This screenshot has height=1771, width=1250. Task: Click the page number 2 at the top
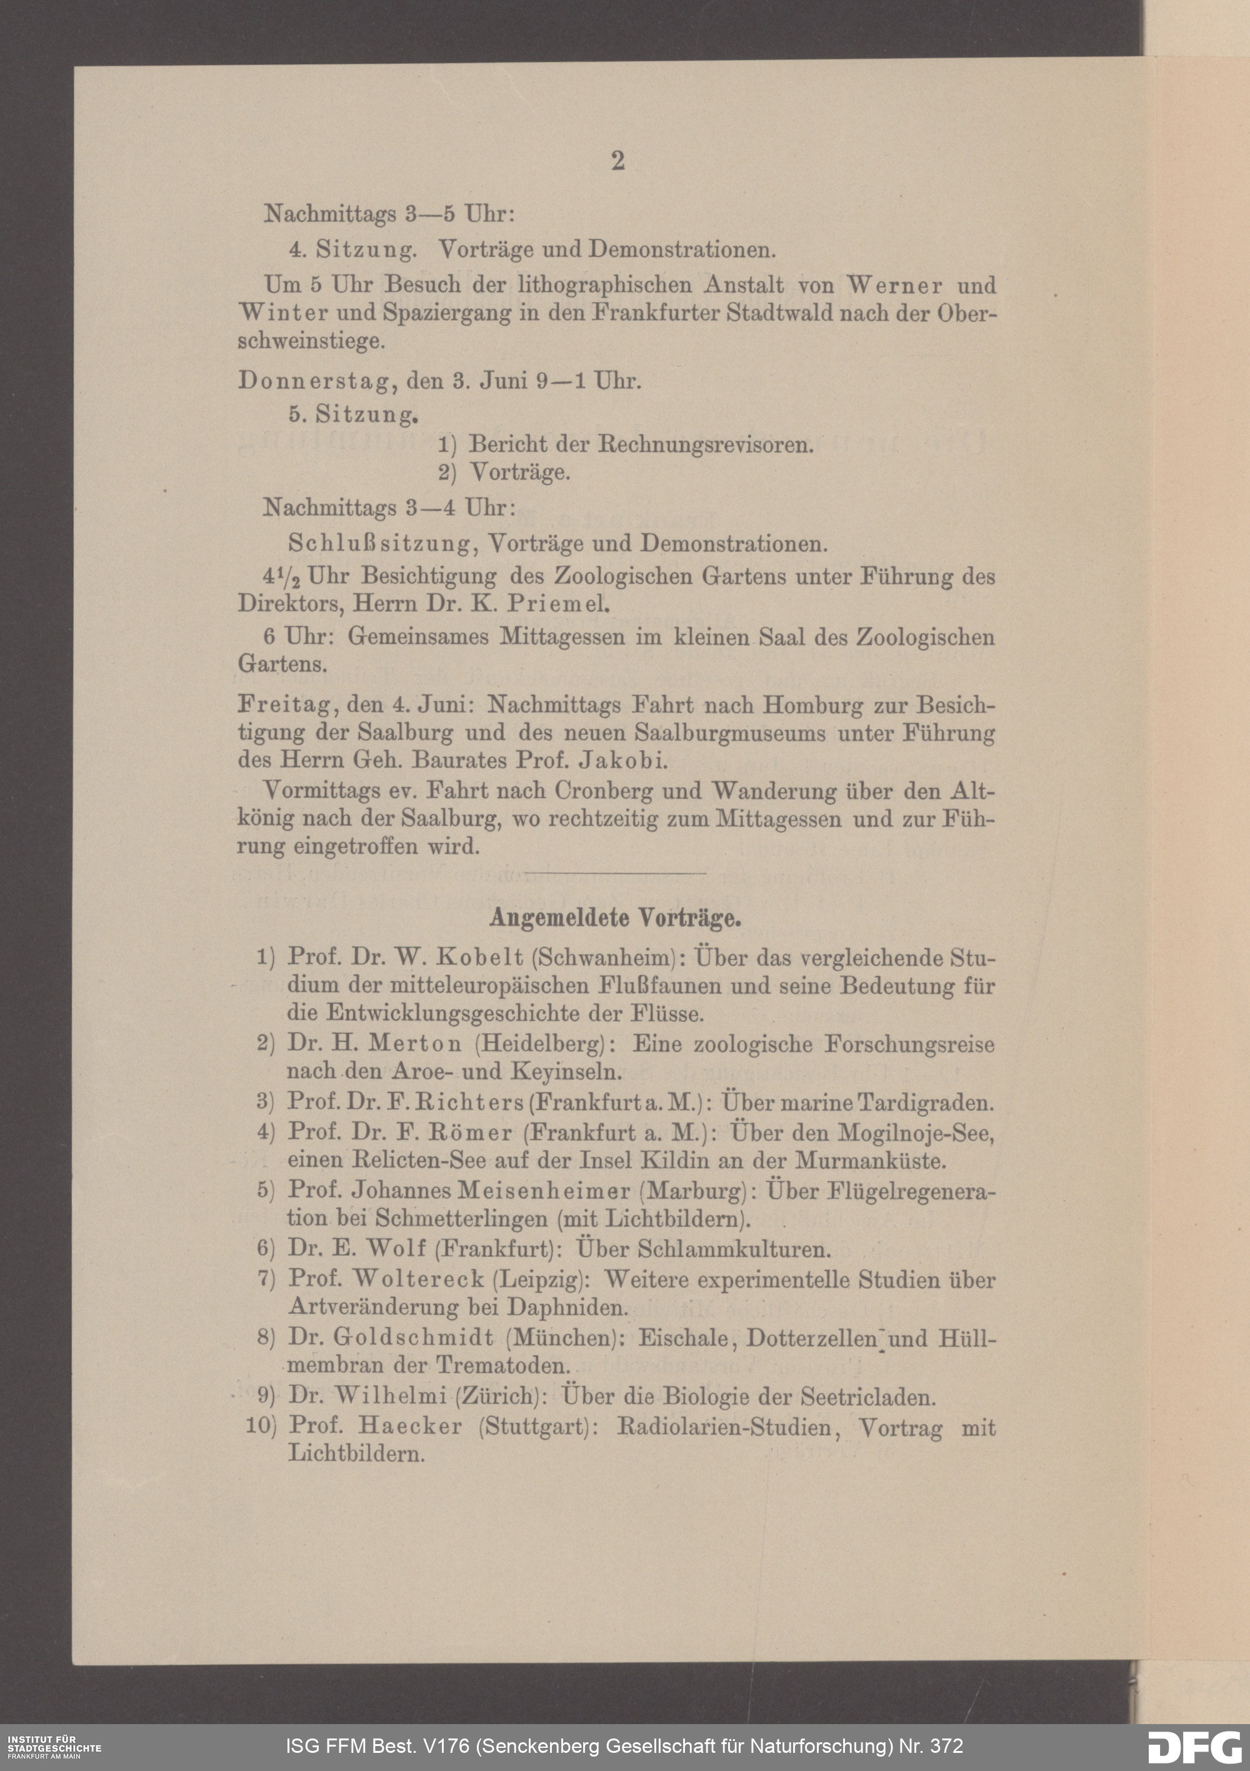coord(617,161)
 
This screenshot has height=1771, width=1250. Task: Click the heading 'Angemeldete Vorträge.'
coord(616,918)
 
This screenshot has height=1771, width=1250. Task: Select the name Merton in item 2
coord(415,1044)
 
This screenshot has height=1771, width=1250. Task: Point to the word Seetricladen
coord(867,1396)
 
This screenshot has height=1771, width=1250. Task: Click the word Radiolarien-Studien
coord(726,1426)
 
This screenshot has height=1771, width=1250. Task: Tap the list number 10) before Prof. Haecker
coord(261,1425)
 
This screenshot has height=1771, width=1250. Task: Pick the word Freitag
coord(281,705)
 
